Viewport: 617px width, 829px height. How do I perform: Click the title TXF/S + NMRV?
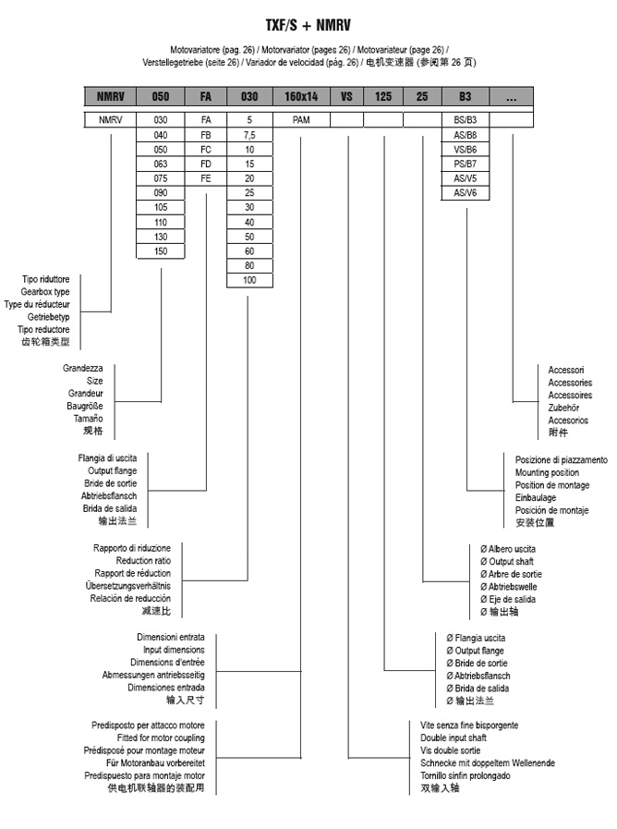click(x=308, y=27)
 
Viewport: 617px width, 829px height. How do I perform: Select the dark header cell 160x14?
click(x=301, y=96)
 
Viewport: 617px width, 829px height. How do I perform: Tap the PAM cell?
click(x=301, y=119)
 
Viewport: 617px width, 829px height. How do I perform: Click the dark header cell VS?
click(x=346, y=96)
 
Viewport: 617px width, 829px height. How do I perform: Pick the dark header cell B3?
click(x=465, y=96)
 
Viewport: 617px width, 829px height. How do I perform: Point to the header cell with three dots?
click(x=511, y=96)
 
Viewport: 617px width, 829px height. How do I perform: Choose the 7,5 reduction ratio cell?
click(x=249, y=134)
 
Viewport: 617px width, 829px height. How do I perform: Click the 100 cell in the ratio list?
click(x=249, y=280)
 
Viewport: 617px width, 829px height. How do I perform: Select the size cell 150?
click(x=161, y=250)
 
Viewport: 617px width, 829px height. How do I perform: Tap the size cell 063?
click(x=161, y=163)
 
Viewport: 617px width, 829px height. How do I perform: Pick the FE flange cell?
click(x=205, y=177)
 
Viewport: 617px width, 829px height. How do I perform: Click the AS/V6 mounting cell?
click(x=465, y=192)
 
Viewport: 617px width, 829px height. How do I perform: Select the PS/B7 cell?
click(x=465, y=163)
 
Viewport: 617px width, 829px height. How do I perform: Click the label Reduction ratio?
click(x=143, y=560)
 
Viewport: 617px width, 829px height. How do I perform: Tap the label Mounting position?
click(x=548, y=472)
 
